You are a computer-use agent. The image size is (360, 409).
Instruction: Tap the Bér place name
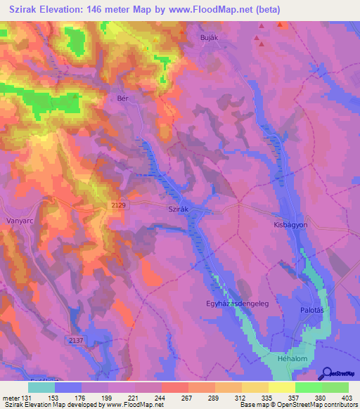tap(123, 99)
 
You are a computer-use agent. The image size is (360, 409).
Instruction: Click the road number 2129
tap(119, 204)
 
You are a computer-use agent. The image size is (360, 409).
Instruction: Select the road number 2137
tap(77, 340)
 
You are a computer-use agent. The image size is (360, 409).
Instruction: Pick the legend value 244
tap(160, 398)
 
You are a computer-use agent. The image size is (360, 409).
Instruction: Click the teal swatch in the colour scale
tap(41, 387)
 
